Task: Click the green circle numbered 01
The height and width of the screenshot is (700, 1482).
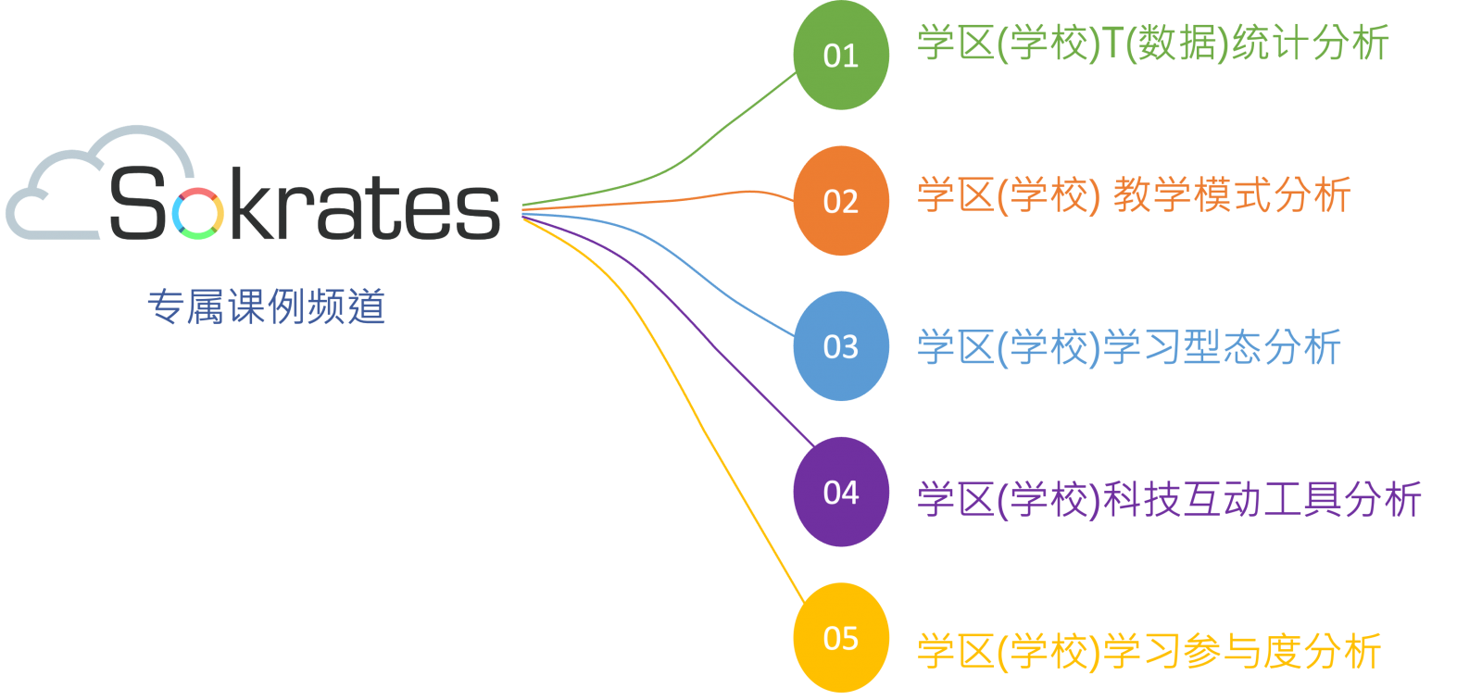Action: [x=841, y=56]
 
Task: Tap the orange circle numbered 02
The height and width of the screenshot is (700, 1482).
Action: [x=841, y=201]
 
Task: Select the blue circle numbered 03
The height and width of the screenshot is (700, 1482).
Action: [x=841, y=346]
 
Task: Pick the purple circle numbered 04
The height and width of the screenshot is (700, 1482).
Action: [x=841, y=492]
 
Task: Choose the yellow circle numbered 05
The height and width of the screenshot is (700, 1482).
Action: [x=841, y=637]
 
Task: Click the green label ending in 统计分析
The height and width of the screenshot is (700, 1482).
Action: [x=1153, y=44]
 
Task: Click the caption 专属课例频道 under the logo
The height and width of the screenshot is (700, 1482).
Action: [x=266, y=306]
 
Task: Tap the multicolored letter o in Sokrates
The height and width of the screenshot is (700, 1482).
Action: [x=197, y=213]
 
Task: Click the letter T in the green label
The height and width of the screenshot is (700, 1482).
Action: [x=1113, y=44]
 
